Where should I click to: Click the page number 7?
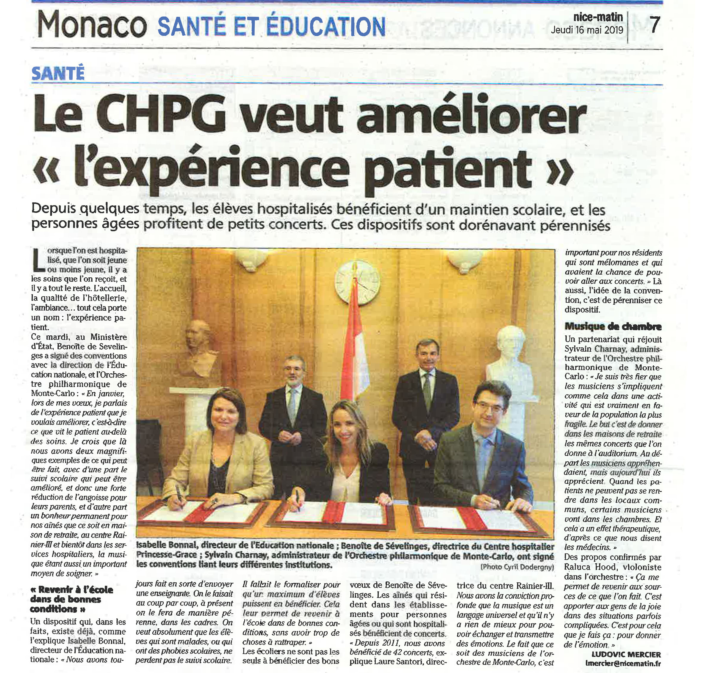(654, 25)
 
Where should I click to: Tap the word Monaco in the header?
(92, 25)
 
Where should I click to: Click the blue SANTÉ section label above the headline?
(58, 73)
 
